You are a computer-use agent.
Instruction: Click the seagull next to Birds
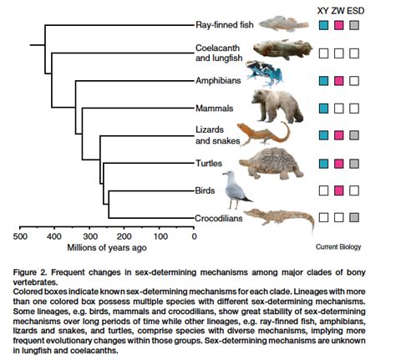point(239,189)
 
